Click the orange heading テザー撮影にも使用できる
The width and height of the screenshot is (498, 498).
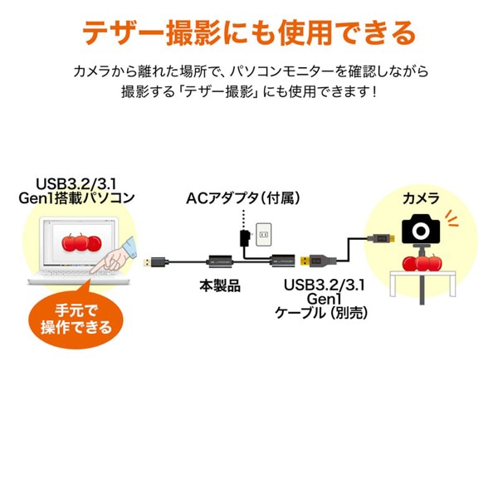(x=249, y=32)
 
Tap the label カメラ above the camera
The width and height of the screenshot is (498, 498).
(x=421, y=199)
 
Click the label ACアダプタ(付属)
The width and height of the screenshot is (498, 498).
(x=242, y=199)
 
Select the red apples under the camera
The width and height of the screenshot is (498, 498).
(x=421, y=262)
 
